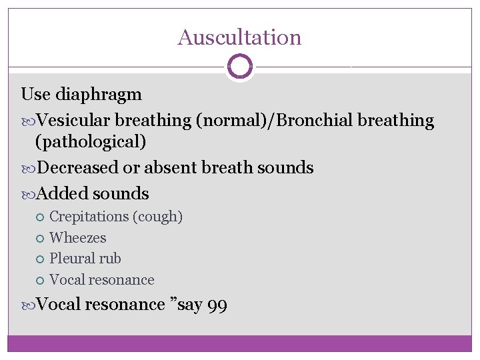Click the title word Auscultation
click(239, 37)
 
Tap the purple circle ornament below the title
click(239, 67)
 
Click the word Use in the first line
click(35, 94)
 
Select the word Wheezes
click(78, 237)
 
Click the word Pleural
click(70, 258)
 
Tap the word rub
click(108, 258)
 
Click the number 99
click(217, 305)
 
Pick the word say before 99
click(189, 305)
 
